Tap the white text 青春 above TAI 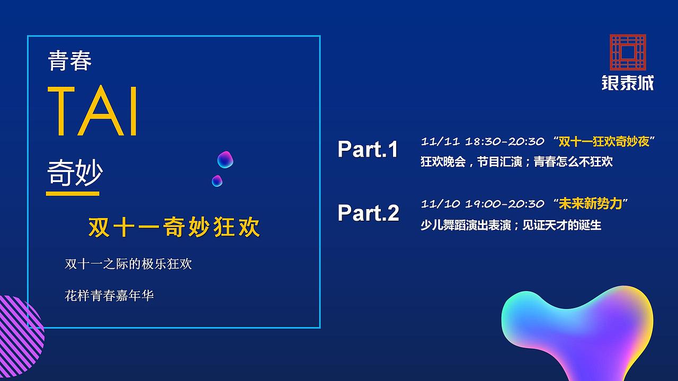coord(70,61)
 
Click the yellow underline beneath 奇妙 coord(73,194)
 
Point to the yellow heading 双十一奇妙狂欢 coord(174,228)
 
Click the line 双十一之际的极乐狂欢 coord(128,264)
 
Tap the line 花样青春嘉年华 coord(109,295)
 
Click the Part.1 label coord(368,149)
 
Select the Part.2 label coord(368,213)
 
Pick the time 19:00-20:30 coord(504,204)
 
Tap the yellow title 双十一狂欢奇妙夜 coord(604,142)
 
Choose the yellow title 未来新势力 coord(590,204)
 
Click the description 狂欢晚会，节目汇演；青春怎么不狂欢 coord(516,162)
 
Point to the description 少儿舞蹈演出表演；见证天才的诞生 coord(511,225)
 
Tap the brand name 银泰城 coord(628,83)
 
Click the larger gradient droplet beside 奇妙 coord(225,159)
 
